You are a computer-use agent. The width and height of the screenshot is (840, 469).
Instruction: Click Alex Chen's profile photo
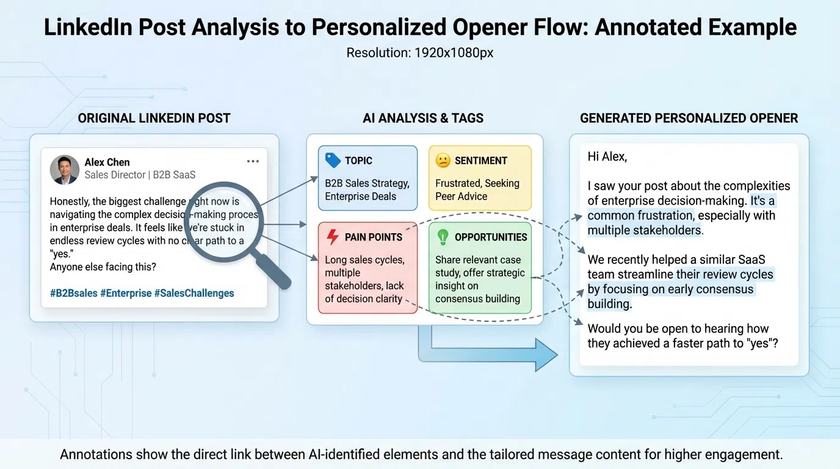click(65, 169)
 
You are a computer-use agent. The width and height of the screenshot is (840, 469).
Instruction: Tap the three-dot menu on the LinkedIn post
click(253, 162)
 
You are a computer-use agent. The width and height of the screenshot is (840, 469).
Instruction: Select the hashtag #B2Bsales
click(74, 293)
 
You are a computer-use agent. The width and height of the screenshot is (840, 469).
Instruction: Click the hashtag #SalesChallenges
click(194, 293)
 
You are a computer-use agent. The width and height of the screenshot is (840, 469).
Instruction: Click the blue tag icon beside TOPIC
click(333, 161)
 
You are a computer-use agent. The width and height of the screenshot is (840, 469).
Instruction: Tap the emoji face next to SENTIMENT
click(443, 161)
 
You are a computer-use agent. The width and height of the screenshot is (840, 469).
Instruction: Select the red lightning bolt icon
click(333, 237)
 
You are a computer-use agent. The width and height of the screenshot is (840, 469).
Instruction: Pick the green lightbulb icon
click(443, 237)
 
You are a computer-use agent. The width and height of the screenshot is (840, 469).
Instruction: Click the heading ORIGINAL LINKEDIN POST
click(154, 118)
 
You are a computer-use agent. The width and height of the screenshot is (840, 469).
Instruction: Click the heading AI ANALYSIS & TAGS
click(423, 118)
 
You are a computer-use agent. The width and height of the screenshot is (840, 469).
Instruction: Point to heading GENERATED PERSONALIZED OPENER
click(689, 118)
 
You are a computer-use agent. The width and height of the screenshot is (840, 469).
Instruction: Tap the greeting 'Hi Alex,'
click(607, 157)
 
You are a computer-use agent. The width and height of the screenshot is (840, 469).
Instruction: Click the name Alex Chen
click(107, 162)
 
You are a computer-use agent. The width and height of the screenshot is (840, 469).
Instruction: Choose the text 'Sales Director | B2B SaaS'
click(140, 175)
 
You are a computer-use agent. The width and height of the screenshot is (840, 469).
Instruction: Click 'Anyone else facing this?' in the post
click(103, 267)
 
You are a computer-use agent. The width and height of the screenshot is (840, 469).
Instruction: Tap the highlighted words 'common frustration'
click(640, 216)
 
